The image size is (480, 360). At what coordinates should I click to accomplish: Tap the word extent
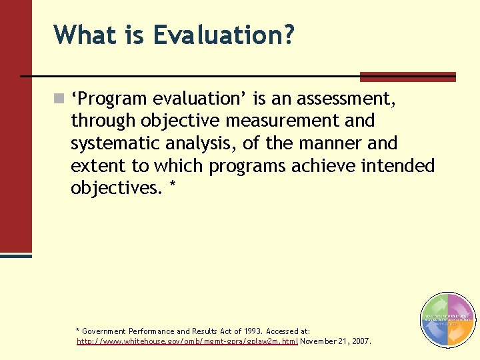click(99, 165)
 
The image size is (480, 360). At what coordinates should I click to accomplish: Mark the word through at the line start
click(103, 121)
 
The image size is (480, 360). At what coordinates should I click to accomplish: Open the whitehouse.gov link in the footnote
click(187, 341)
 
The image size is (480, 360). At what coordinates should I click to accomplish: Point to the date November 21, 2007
click(336, 341)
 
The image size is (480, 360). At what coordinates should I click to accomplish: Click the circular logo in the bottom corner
click(448, 321)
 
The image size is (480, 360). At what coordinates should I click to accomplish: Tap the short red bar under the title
click(407, 77)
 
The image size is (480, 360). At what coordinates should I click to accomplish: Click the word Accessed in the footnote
click(283, 331)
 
